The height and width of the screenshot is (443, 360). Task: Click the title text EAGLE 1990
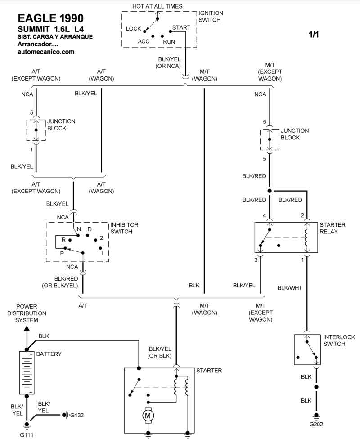click(x=50, y=18)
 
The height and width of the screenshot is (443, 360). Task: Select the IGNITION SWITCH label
click(x=211, y=17)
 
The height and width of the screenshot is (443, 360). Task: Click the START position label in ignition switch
click(x=181, y=27)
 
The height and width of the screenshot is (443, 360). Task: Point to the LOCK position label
click(x=134, y=29)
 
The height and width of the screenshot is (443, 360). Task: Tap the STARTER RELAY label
click(x=333, y=228)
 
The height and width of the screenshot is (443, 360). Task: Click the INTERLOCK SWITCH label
click(x=340, y=340)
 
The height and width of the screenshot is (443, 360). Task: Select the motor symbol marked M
click(x=148, y=416)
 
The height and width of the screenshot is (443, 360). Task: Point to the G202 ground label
click(x=316, y=424)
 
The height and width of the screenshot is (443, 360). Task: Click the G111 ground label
click(x=27, y=434)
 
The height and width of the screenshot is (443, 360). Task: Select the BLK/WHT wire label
click(x=290, y=288)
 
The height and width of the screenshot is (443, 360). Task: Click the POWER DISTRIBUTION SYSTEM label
click(x=31, y=313)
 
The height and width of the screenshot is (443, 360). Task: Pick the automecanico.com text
click(x=45, y=52)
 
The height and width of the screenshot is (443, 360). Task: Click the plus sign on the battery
click(x=31, y=354)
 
